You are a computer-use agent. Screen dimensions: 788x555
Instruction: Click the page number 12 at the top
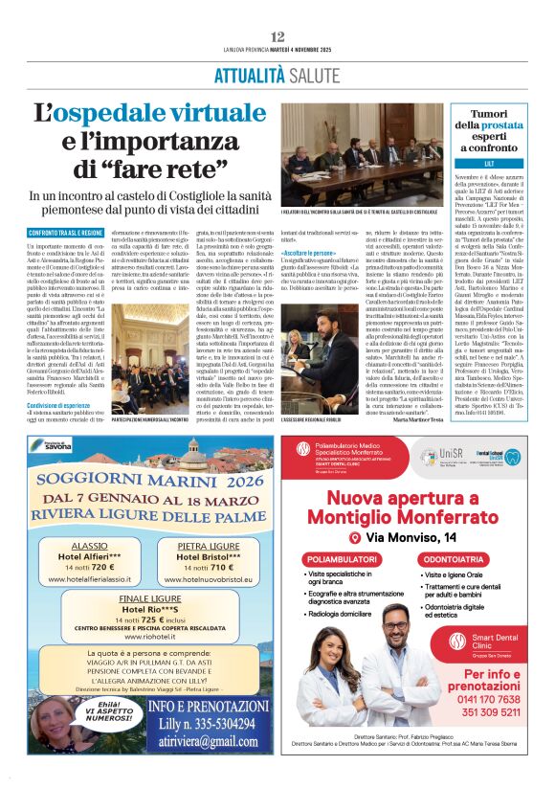[277, 36]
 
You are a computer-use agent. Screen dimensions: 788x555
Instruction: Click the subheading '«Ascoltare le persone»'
[309, 252]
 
